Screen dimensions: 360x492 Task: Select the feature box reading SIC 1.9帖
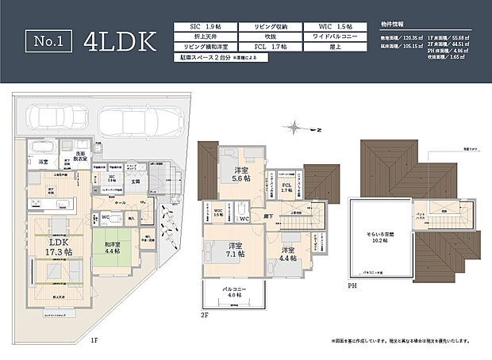[x=205, y=26]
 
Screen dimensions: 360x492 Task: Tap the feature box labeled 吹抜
[x=269, y=36]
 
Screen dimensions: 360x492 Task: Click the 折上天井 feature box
[x=205, y=36]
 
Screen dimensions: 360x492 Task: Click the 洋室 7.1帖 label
[x=233, y=249]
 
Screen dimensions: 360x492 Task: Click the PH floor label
[x=352, y=285]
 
